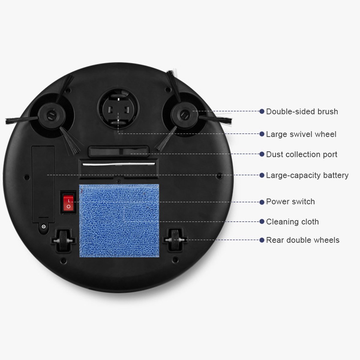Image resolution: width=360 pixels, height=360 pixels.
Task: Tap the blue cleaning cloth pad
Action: point(119,220)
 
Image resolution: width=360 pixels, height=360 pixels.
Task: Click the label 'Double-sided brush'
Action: point(302,112)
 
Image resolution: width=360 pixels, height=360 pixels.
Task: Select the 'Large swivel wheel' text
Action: point(301,134)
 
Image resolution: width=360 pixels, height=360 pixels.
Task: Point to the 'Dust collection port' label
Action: point(301,154)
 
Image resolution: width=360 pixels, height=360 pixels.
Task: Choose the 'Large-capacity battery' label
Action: point(307,175)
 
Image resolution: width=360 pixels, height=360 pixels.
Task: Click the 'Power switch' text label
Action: point(290,202)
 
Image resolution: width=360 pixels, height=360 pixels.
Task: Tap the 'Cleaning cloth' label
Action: point(292,222)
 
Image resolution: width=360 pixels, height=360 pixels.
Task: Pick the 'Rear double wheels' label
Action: point(302,240)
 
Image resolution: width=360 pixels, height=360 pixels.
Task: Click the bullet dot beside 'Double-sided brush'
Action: point(262,111)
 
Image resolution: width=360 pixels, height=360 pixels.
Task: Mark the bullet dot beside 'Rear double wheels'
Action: point(262,240)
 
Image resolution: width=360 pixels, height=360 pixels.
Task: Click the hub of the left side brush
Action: point(51,115)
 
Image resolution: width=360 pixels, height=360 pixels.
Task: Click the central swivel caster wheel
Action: point(118,109)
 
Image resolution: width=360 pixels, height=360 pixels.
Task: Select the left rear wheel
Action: point(63,240)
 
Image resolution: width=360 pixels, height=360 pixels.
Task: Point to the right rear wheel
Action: point(175,240)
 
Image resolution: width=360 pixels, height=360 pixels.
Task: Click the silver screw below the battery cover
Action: point(44,226)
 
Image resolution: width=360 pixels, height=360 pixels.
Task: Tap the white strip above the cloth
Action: point(119,164)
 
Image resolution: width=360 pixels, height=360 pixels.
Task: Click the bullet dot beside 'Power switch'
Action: point(262,202)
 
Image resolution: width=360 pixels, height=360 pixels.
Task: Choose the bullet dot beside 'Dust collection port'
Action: point(262,154)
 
